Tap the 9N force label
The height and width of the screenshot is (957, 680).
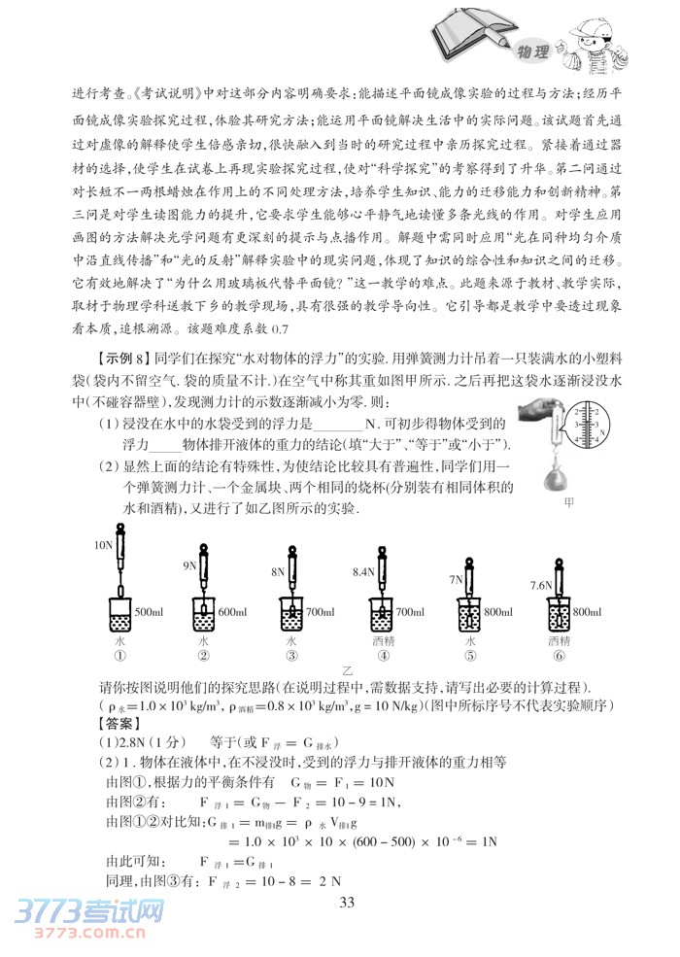pos(190,564)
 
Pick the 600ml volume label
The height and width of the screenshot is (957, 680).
pos(234,612)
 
